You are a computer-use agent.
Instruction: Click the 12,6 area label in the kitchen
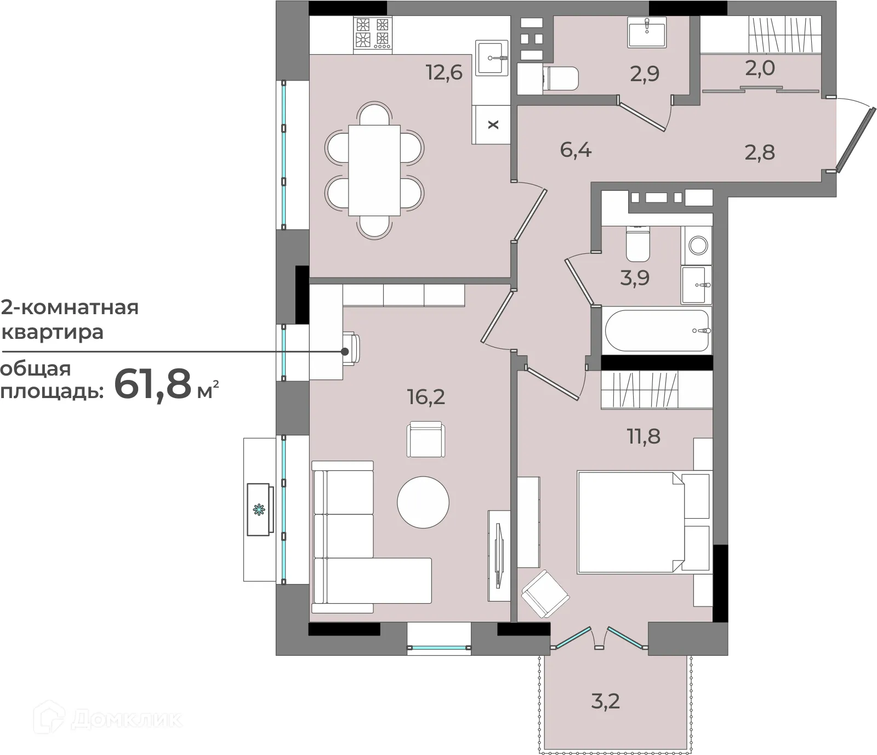(445, 72)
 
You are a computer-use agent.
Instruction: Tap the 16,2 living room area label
(426, 396)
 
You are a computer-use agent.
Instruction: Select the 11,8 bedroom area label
(643, 437)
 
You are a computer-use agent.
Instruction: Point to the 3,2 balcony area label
(606, 701)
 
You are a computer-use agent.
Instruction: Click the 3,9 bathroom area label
(635, 278)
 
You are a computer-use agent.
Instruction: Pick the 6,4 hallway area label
(576, 149)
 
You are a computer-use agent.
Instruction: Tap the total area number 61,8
(152, 384)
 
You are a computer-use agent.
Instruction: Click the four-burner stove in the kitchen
(373, 34)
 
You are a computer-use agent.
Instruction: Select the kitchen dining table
(374, 171)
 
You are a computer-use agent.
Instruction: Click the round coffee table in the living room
(423, 502)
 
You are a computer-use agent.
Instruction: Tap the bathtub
(656, 331)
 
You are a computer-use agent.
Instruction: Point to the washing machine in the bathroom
(697, 245)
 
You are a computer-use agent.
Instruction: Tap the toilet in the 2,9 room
(560, 78)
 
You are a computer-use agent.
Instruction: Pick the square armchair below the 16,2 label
(426, 439)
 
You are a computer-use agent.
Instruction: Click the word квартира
(53, 332)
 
